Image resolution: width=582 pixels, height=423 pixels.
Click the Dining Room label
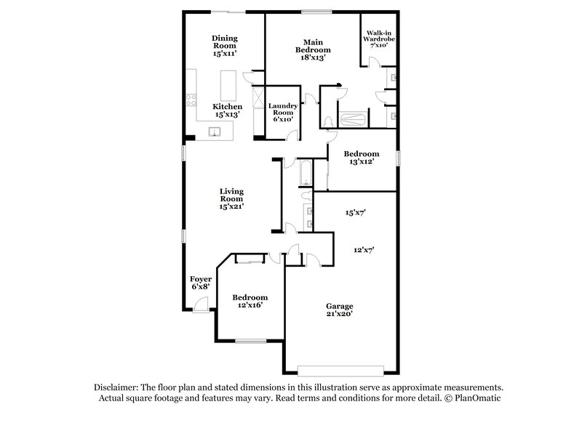point(225,46)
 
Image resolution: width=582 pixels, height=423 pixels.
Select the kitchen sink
point(215,132)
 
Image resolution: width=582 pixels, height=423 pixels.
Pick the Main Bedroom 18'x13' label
point(313,50)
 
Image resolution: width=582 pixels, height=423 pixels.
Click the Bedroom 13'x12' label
point(362,158)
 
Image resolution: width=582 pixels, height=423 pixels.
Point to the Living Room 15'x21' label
point(232,198)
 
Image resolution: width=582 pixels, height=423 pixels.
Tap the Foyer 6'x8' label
point(200,283)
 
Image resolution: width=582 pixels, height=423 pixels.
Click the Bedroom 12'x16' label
point(250,301)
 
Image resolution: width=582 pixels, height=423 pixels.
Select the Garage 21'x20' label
point(340,310)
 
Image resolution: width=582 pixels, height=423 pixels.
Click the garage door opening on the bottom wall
point(340,368)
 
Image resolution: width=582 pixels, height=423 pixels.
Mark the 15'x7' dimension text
point(354,213)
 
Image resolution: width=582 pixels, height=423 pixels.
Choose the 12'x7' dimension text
point(364,249)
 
